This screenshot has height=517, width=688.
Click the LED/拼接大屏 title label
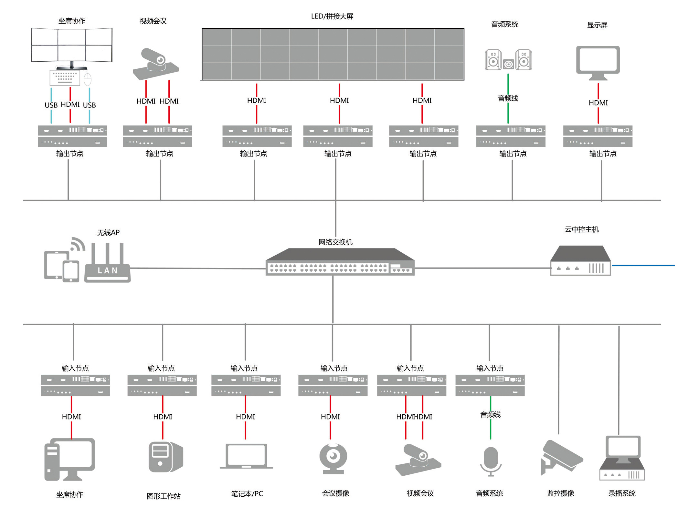[332, 16]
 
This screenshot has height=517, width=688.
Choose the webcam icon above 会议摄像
[333, 458]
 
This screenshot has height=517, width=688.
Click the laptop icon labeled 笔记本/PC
[246, 456]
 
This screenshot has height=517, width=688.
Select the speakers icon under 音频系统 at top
[508, 60]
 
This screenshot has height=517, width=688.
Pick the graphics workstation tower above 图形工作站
[165, 457]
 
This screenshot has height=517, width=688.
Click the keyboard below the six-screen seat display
[65, 77]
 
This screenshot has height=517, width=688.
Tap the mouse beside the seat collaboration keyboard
[88, 79]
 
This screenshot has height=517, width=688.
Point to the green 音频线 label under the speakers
[508, 98]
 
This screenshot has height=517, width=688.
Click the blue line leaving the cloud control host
[643, 266]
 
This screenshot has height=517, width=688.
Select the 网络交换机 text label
[335, 242]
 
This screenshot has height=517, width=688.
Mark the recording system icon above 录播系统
[622, 458]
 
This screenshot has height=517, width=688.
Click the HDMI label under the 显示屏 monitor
[598, 103]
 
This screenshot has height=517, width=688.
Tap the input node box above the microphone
[490, 385]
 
